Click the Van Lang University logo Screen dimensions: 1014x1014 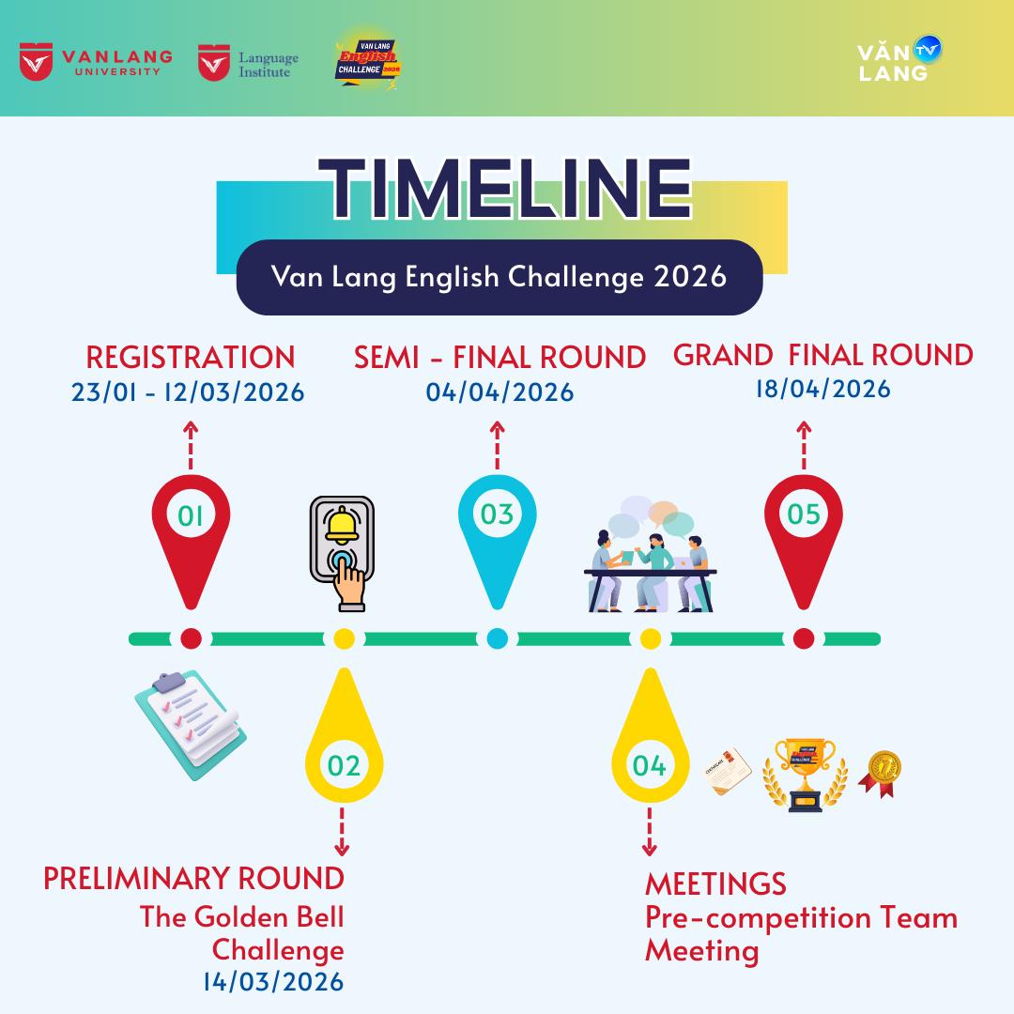[x=97, y=62]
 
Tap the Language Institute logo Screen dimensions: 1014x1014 [x=248, y=63]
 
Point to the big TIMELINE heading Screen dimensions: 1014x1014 [x=505, y=189]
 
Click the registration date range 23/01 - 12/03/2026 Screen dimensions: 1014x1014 [x=188, y=392]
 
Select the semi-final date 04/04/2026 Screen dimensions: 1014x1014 [x=499, y=392]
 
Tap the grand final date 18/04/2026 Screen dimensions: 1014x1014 [x=823, y=389]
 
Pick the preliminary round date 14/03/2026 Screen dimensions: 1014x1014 [x=273, y=981]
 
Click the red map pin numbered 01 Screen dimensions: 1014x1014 [x=191, y=541]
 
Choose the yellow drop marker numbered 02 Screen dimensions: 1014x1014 [x=344, y=736]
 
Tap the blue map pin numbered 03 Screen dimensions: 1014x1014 [x=498, y=541]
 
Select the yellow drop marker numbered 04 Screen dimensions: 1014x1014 [x=650, y=736]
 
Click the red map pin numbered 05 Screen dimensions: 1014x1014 [x=804, y=541]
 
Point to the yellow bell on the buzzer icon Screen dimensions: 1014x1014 [x=342, y=525]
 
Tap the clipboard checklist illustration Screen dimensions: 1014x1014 [x=191, y=724]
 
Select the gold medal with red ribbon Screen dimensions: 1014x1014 [x=880, y=774]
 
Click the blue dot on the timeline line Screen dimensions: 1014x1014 [x=497, y=638]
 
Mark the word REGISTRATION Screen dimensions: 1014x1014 [x=190, y=357]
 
